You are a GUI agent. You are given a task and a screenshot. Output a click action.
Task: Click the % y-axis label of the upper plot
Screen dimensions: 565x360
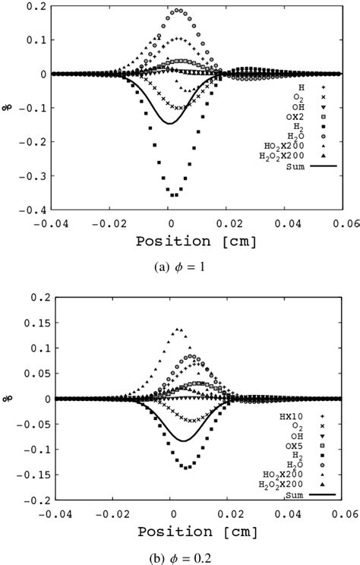(8, 107)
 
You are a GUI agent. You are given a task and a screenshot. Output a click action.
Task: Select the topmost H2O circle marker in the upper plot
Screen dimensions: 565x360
(178, 11)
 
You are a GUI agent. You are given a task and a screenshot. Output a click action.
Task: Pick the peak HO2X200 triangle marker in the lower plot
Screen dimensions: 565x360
(178, 330)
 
